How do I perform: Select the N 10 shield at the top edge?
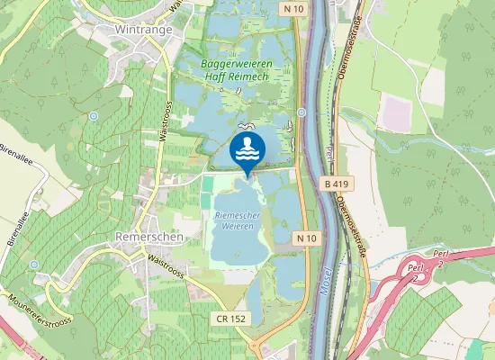pos(292,9)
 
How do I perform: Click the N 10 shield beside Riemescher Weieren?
pos(307,238)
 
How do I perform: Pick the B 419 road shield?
pos(335,184)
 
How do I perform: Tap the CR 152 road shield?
pos(232,319)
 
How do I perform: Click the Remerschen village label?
pos(149,236)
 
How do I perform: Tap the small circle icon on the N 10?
pos(301,112)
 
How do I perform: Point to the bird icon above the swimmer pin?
pos(246,125)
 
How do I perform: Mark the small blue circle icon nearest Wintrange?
pos(94,116)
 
